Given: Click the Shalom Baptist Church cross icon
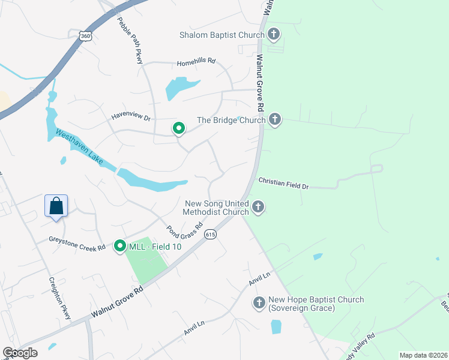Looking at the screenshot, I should click(x=274, y=34).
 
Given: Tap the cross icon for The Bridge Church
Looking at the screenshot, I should click(x=275, y=120).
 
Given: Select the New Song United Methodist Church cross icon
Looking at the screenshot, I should click(x=258, y=208).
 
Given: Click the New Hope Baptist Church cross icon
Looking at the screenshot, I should click(x=259, y=304).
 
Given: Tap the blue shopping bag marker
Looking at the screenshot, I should click(x=56, y=205).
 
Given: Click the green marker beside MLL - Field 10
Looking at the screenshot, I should click(x=120, y=245).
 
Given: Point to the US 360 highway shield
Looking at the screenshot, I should click(x=86, y=36).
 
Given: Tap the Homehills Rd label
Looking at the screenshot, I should click(x=196, y=64).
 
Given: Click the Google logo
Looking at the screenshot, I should click(x=20, y=353).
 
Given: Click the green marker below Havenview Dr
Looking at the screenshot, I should click(x=178, y=128).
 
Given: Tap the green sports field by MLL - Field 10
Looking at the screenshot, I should click(x=146, y=262).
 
